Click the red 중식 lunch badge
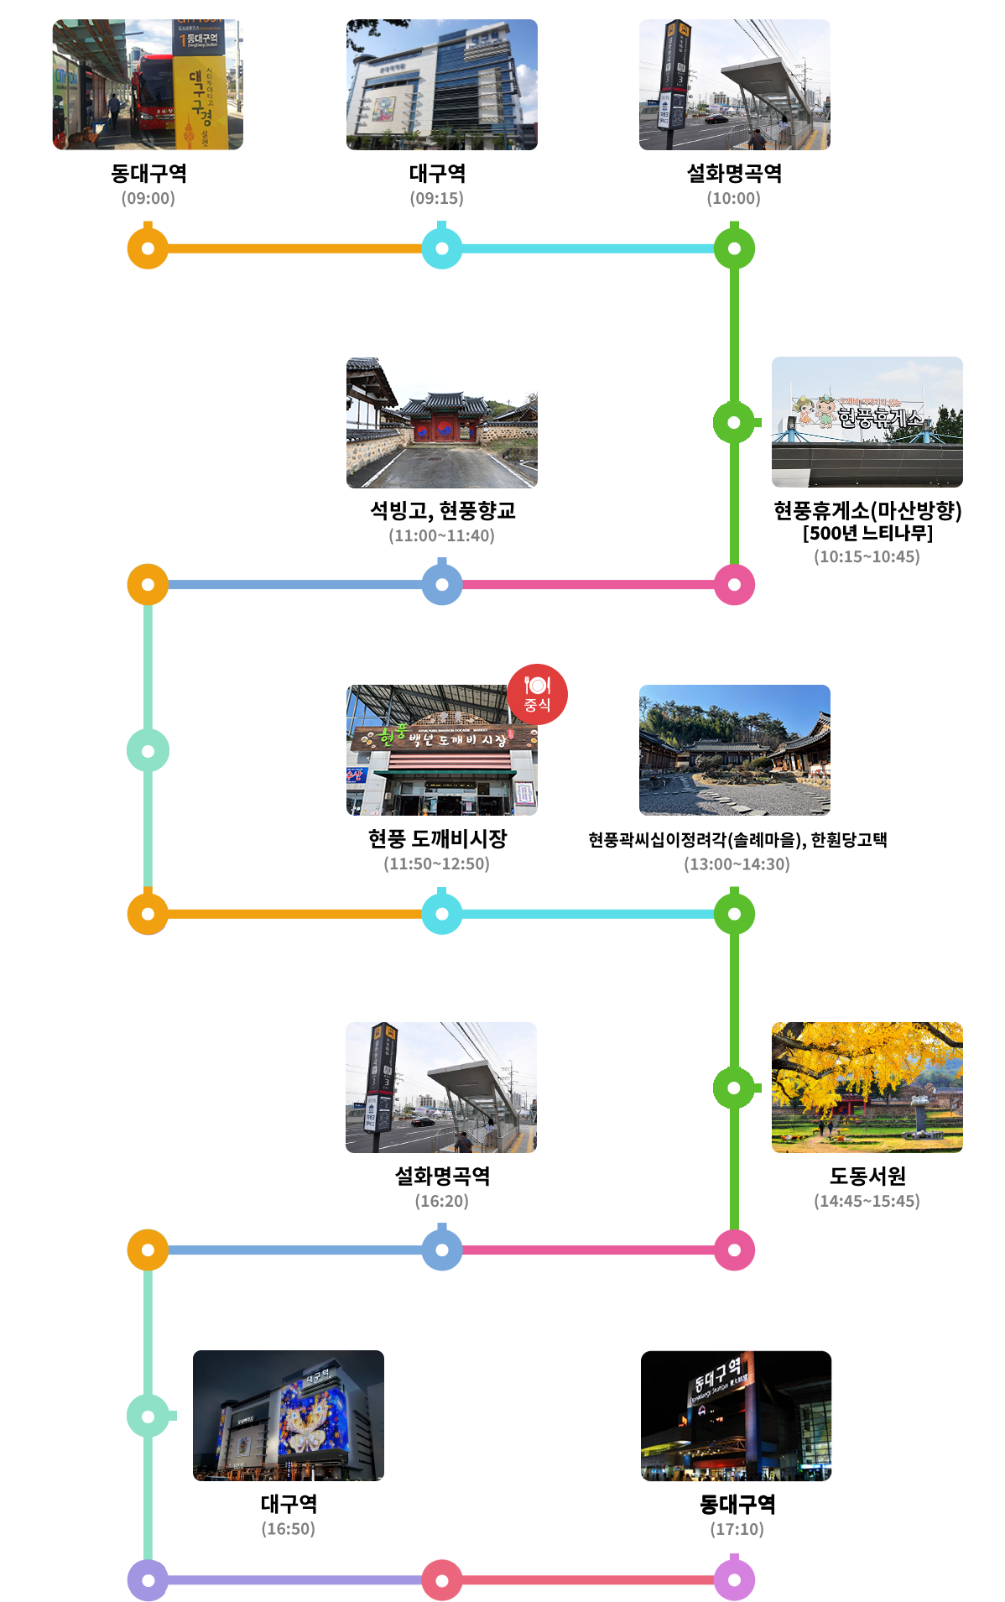click(537, 694)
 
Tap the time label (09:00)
click(148, 199)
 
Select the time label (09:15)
click(437, 199)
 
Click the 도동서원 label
click(867, 1176)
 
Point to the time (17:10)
click(737, 1529)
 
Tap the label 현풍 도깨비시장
click(437, 838)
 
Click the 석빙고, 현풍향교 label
click(442, 510)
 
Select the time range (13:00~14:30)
click(737, 864)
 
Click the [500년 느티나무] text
click(867, 533)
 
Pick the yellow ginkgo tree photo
click(867, 1088)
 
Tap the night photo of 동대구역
click(737, 1416)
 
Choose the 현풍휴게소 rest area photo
click(867, 422)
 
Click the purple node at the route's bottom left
click(148, 1580)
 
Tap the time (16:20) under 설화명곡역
click(442, 1202)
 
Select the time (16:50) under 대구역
click(289, 1529)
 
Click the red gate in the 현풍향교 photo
click(445, 429)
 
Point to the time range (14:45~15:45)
click(867, 1202)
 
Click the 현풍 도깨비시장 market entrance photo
click(442, 750)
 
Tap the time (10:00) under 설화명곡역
click(734, 199)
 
